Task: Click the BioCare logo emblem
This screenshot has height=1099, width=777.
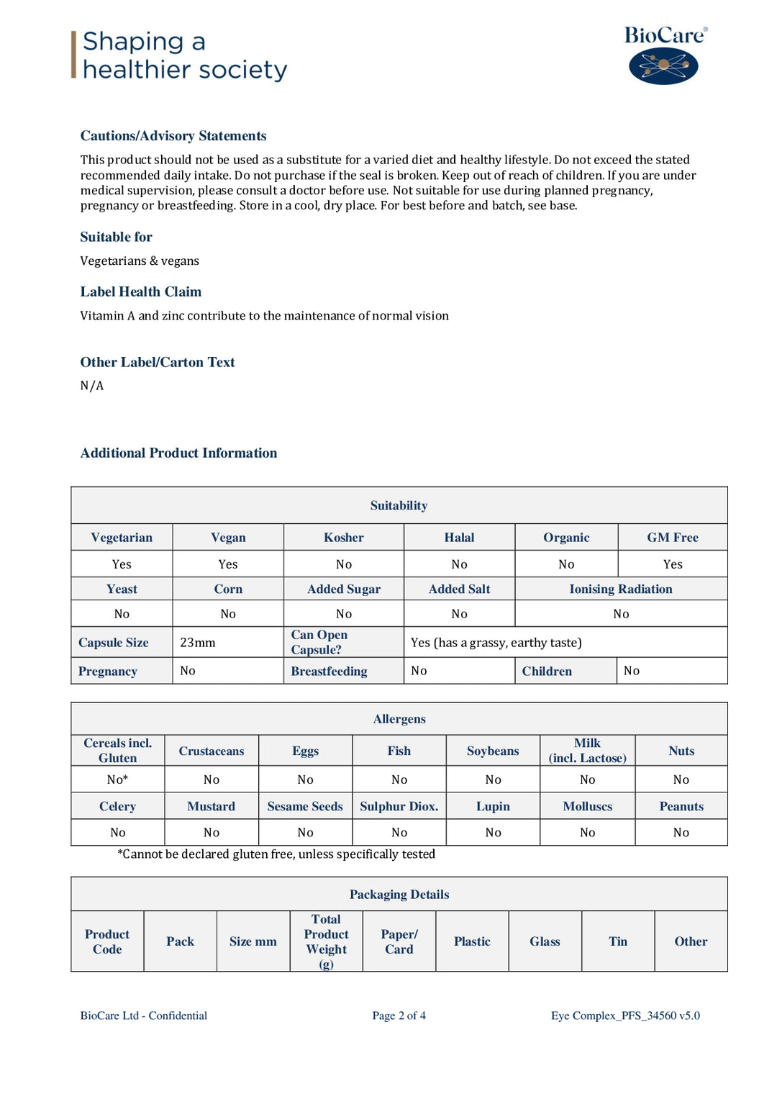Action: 663,66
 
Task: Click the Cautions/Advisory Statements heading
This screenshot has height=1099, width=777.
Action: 173,136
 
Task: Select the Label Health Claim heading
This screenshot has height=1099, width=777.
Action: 141,291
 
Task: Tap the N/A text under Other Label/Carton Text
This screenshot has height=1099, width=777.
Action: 92,386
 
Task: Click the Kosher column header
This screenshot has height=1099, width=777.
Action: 344,538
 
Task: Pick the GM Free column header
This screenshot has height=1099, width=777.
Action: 672,538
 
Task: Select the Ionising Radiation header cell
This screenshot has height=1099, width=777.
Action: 621,589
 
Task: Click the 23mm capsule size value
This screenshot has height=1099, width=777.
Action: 198,643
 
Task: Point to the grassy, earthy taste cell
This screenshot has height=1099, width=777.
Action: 496,643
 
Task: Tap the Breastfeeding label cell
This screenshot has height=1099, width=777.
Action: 329,671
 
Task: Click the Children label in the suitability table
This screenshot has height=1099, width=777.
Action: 547,671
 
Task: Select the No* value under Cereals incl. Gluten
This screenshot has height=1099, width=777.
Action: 117,779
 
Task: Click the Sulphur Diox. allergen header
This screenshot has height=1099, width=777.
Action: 399,807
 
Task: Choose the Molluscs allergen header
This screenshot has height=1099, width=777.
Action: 587,807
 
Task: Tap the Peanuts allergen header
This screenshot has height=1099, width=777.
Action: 681,807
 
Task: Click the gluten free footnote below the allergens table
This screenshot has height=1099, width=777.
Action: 276,854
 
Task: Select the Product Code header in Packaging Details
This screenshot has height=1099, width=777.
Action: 107,941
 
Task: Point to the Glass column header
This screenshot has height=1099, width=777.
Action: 545,941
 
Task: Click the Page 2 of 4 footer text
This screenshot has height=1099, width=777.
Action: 399,1016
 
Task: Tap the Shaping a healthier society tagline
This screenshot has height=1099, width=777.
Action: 185,55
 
